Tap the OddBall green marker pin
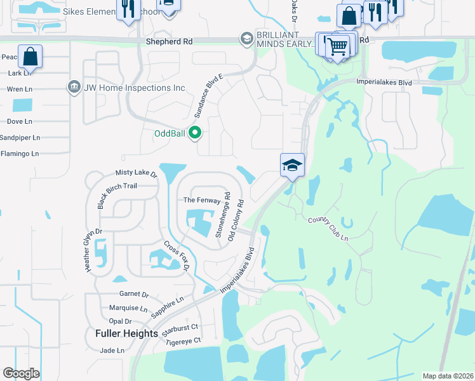tap(196, 133)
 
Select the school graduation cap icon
tap(292, 166)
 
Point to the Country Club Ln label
tap(328, 228)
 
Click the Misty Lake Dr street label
tap(135, 173)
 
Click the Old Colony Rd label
tap(240, 216)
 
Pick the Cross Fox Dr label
tap(177, 257)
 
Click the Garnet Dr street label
tap(133, 295)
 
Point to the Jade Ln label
tap(112, 351)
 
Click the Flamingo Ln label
tap(20, 154)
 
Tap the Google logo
tap(21, 373)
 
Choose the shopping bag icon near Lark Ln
tap(30, 57)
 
